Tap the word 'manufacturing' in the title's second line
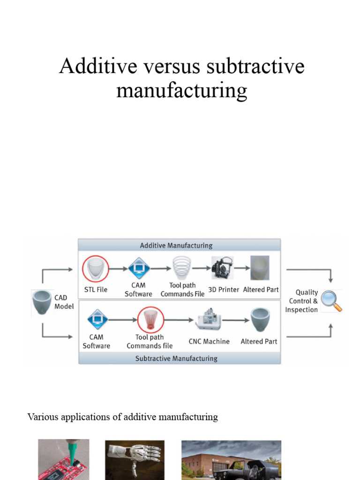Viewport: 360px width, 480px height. click(181, 90)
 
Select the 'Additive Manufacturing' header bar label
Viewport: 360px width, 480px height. click(176, 245)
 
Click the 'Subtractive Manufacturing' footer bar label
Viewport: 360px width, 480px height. click(176, 358)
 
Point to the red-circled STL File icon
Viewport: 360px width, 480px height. click(95, 269)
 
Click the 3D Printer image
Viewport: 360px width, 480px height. click(222, 269)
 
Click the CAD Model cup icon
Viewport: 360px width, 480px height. click(42, 302)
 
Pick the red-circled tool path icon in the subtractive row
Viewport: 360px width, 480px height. click(150, 320)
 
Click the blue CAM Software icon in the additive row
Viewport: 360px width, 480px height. click(139, 269)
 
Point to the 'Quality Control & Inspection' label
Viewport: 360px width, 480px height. click(302, 301)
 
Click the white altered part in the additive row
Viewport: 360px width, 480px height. click(260, 268)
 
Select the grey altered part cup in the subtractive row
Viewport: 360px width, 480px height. click(259, 320)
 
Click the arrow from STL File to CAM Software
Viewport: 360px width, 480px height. click(118, 269)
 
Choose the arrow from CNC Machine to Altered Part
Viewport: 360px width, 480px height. click(234, 320)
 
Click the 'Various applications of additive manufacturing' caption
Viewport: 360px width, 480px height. click(123, 417)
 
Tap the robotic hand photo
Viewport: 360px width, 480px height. click(135, 460)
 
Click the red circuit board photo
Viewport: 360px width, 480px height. click(63, 460)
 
